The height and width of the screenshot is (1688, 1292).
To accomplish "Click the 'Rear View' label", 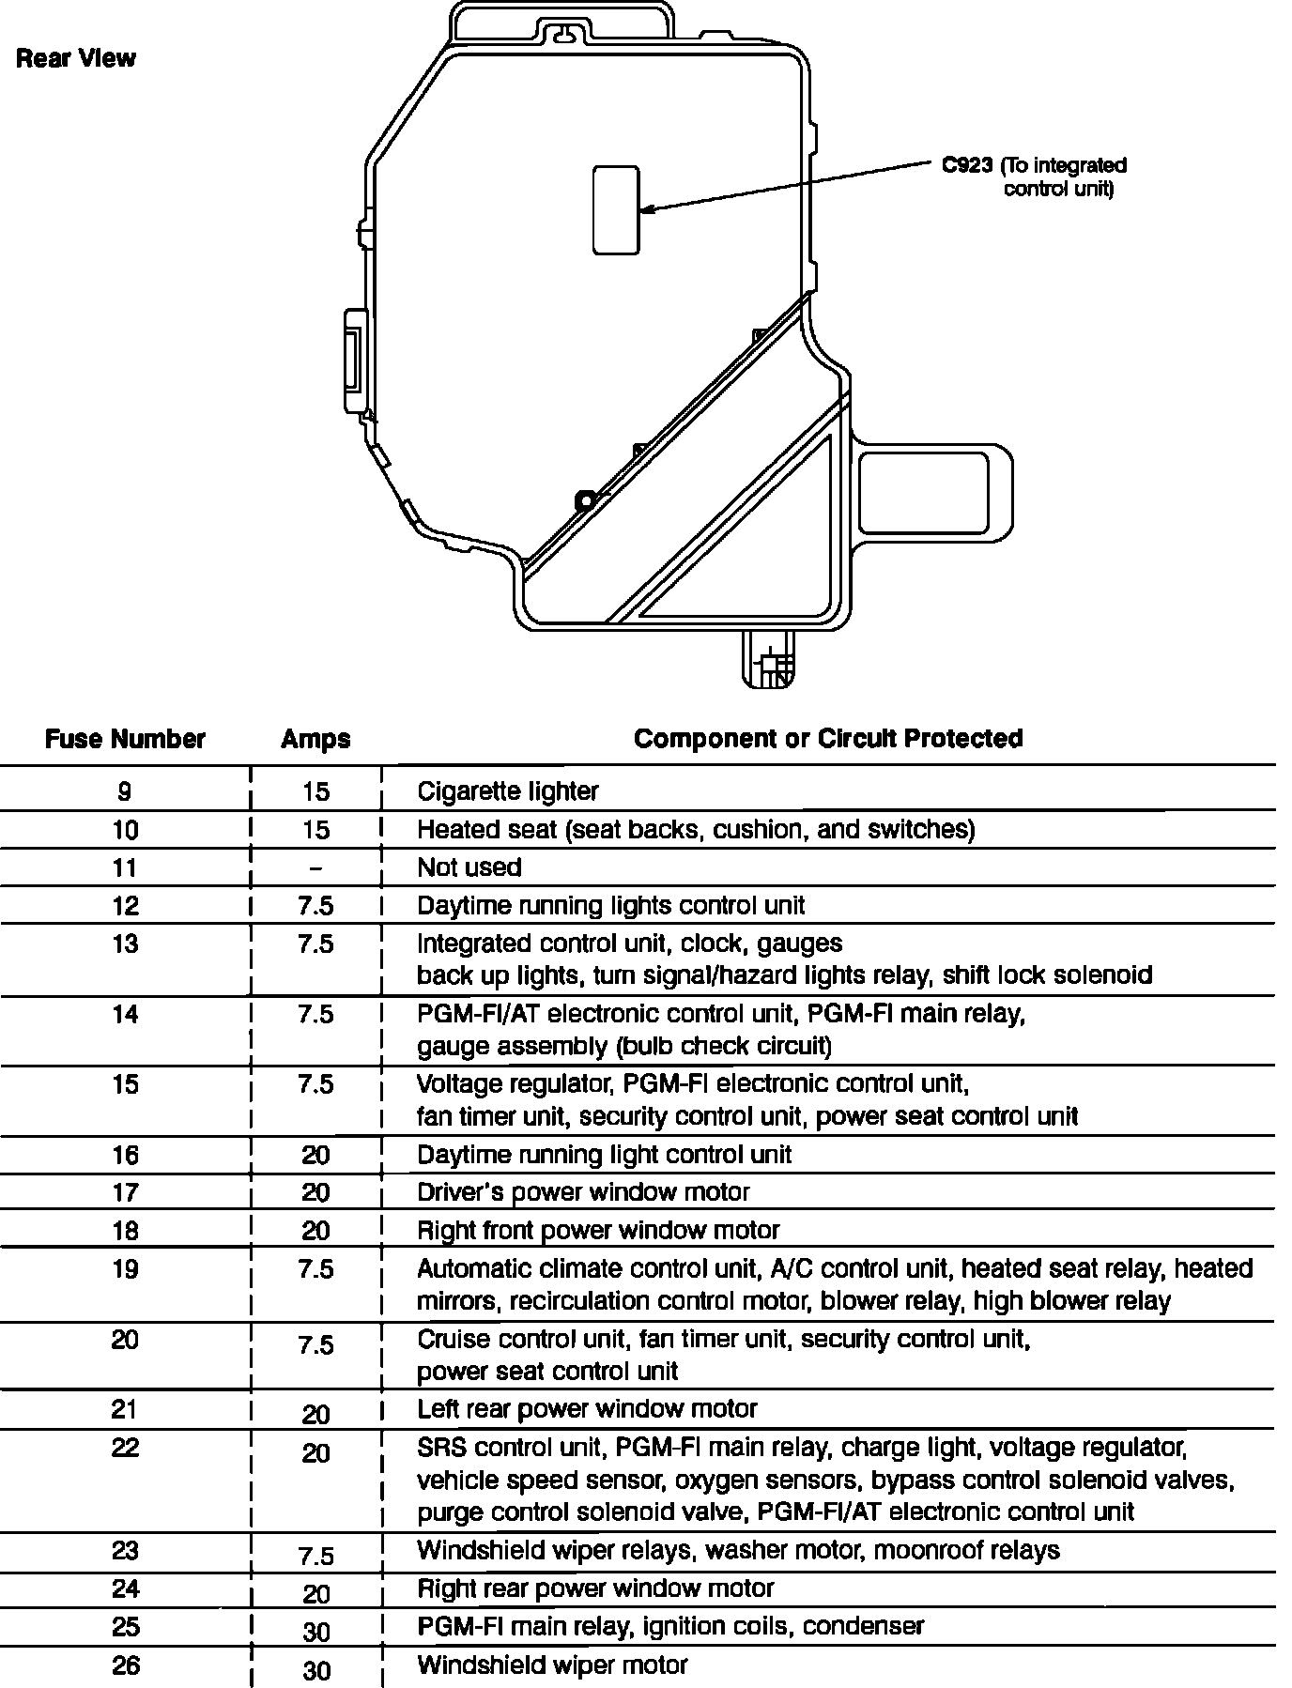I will coord(76,59).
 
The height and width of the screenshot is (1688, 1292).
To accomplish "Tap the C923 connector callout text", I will coord(1034,176).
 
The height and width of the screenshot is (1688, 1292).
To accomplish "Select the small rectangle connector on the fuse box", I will coord(616,210).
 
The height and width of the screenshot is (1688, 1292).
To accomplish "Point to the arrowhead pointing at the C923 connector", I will coord(646,209).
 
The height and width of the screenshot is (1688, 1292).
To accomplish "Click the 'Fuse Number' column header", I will coord(125,739).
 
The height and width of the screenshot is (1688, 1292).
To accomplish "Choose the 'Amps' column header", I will coord(315,739).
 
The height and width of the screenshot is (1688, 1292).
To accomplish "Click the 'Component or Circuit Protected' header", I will coord(828,738).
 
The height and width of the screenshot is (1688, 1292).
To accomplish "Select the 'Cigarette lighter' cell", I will coord(507,791).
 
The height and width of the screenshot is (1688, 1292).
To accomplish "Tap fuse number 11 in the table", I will coord(125,867).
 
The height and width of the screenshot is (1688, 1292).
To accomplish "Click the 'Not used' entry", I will coord(469,867).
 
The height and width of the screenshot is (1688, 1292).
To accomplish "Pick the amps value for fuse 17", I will coord(315,1192).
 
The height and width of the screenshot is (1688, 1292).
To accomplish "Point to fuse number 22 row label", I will coord(125,1447).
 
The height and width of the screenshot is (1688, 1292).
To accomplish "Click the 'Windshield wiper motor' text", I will coord(552,1665).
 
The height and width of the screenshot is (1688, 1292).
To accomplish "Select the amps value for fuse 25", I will coord(315,1632).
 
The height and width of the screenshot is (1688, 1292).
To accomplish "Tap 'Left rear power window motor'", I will coord(587,1408).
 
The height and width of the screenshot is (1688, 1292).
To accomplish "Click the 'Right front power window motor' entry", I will coord(598,1230).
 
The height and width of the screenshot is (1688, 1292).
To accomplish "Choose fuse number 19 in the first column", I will coord(125,1269).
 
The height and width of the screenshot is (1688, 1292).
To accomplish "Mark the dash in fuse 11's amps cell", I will coord(315,867).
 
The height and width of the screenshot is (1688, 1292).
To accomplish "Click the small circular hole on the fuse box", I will coord(584,501).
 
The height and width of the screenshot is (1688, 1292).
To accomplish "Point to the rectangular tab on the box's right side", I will coord(935,491).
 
